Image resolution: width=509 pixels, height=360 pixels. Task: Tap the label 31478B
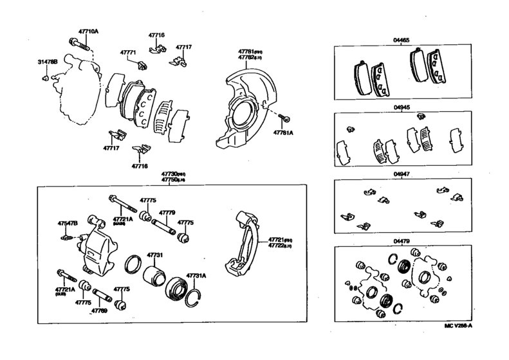coord(47,62)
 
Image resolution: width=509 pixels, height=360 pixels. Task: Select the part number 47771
coord(128,53)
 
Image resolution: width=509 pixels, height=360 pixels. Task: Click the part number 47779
coord(167,212)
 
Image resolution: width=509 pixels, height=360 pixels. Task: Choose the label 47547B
coord(68,223)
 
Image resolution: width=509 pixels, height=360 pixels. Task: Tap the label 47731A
coord(196,276)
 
